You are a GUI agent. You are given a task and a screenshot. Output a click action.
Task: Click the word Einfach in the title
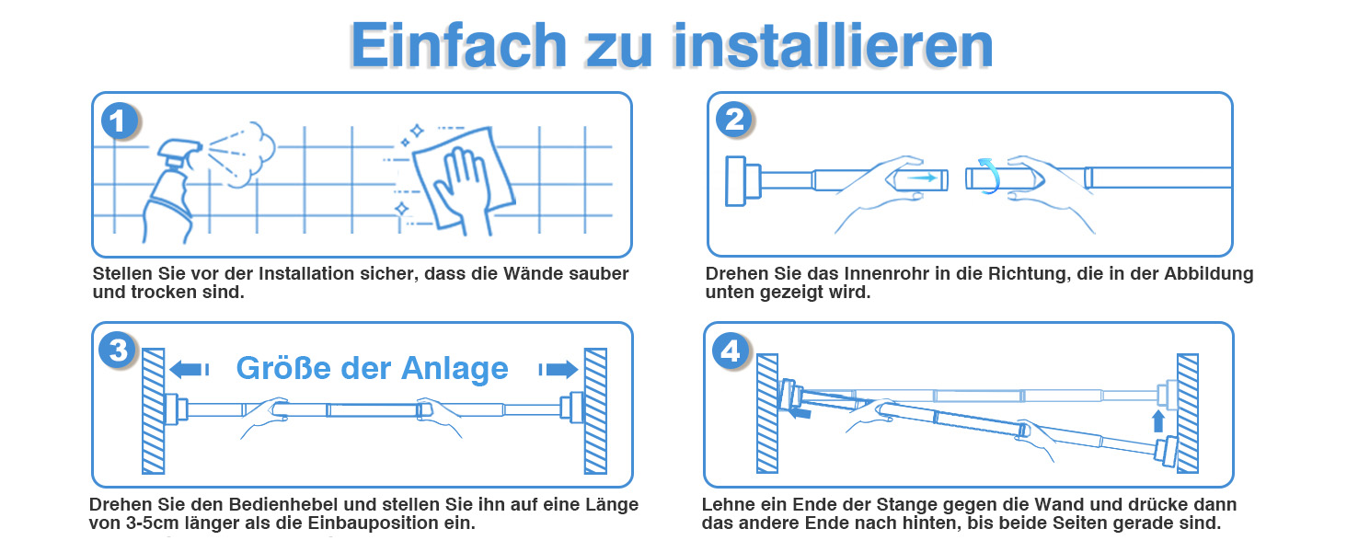[x=459, y=45]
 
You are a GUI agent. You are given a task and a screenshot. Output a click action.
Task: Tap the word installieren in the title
[x=833, y=45]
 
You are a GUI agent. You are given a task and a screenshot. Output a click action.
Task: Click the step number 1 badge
[x=119, y=121]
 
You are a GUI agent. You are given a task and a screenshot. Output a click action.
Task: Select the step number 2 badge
[x=733, y=119]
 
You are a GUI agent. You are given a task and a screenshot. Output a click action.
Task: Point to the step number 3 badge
[x=118, y=350]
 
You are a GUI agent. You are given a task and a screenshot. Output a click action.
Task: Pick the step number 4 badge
[x=730, y=351]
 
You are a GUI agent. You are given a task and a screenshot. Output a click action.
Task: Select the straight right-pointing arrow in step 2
[x=922, y=178]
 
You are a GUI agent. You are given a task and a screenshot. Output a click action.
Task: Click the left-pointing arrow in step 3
[x=189, y=369]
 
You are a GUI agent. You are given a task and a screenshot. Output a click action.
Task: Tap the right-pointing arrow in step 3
[x=558, y=369]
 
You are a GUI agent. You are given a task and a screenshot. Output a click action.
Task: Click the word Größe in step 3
[x=283, y=368]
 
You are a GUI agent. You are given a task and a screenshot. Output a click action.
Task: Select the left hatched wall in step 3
[x=154, y=411]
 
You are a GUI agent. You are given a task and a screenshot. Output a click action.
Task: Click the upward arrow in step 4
[x=1158, y=421]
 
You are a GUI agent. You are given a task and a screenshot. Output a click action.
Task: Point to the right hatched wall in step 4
[x=1187, y=414]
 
